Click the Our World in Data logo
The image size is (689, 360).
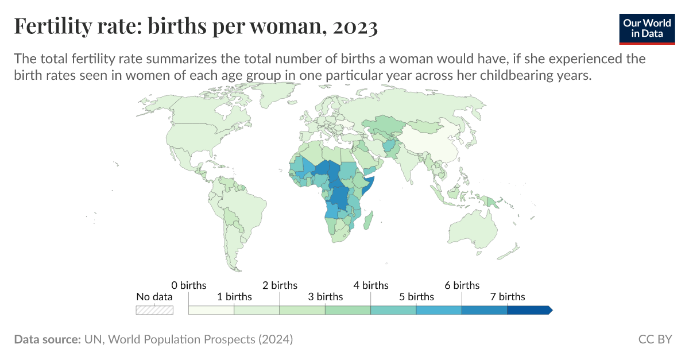click(x=647, y=27)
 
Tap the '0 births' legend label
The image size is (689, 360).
click(x=189, y=285)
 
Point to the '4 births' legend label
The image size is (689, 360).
click(x=371, y=285)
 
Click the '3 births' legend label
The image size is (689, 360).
click(x=325, y=297)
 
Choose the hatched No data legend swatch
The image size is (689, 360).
click(x=154, y=310)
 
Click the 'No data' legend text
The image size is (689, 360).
click(x=154, y=297)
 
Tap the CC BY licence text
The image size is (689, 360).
click(x=655, y=339)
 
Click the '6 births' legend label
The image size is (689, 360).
click(x=462, y=285)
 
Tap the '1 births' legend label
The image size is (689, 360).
click(x=234, y=297)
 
